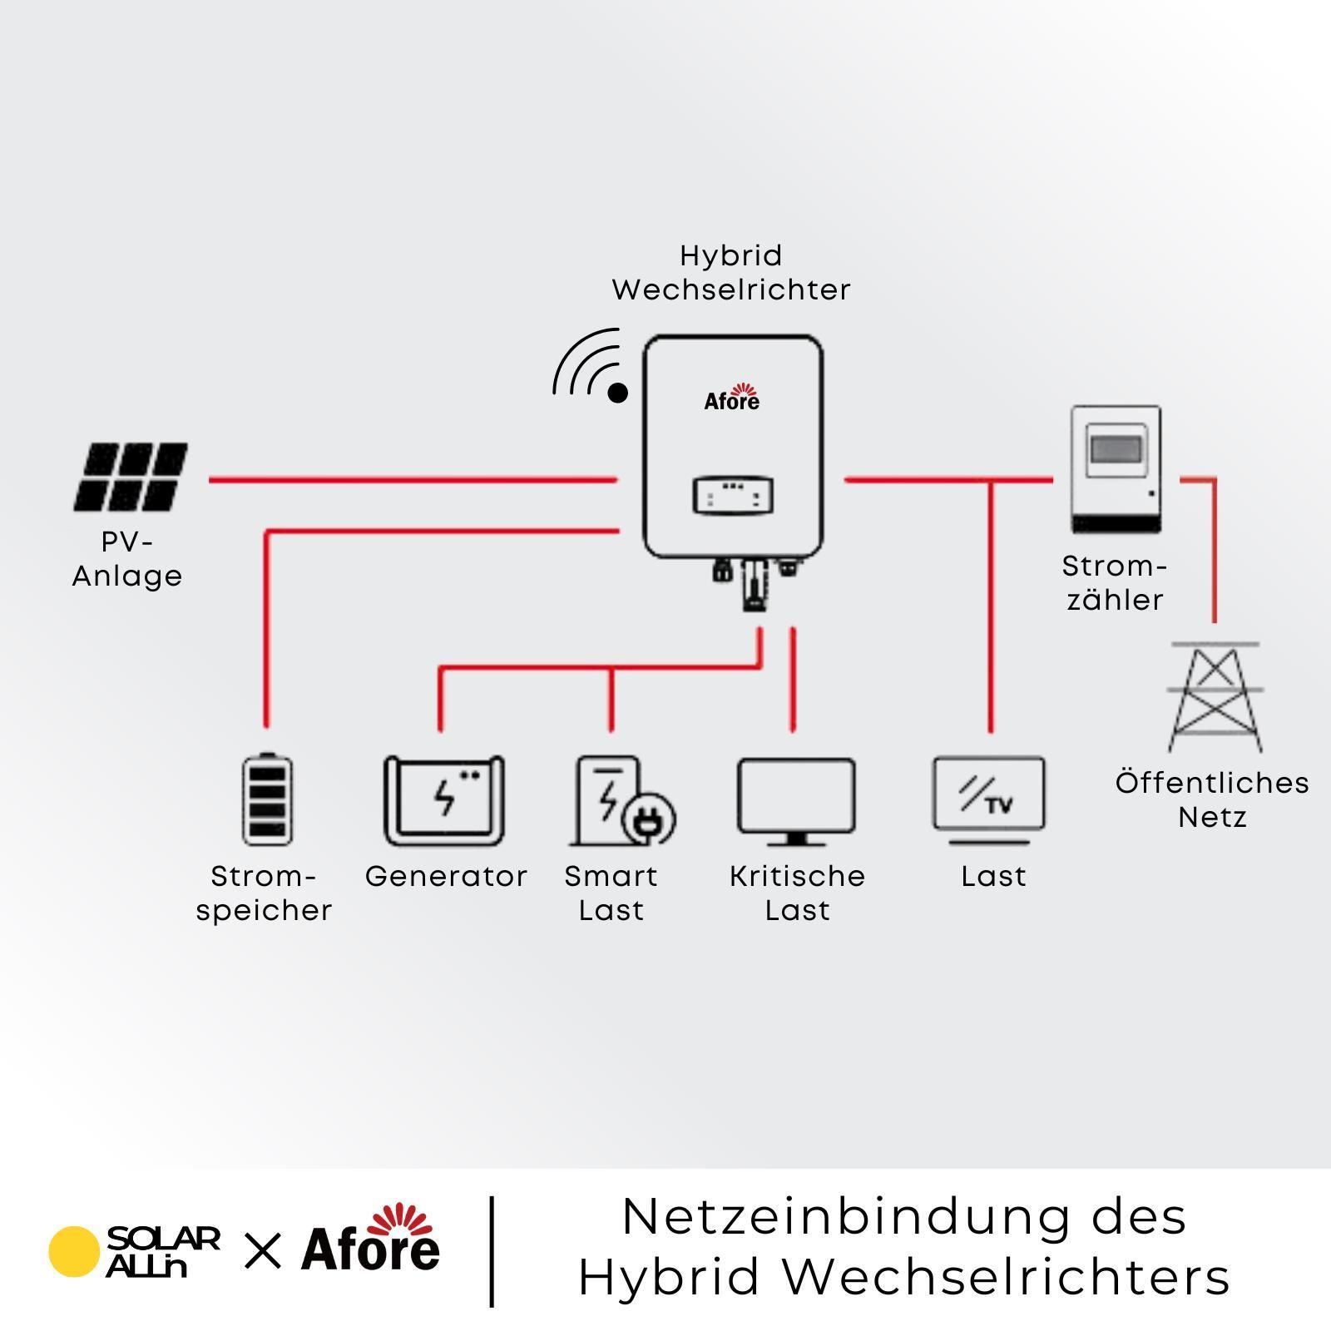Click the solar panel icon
[131, 477]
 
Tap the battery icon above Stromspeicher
[267, 799]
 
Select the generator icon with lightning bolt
[444, 800]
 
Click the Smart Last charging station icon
[622, 800]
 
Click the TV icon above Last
[989, 800]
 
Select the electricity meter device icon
[1116, 469]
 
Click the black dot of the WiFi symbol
[617, 393]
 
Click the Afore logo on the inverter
[732, 398]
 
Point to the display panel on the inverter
[733, 496]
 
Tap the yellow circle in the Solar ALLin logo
[74, 1251]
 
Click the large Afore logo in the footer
[371, 1239]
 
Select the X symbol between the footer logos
[263, 1250]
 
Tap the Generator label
[446, 876]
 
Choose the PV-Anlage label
[127, 559]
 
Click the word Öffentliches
[1212, 782]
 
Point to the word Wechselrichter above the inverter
[731, 289]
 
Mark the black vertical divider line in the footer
[493, 1251]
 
